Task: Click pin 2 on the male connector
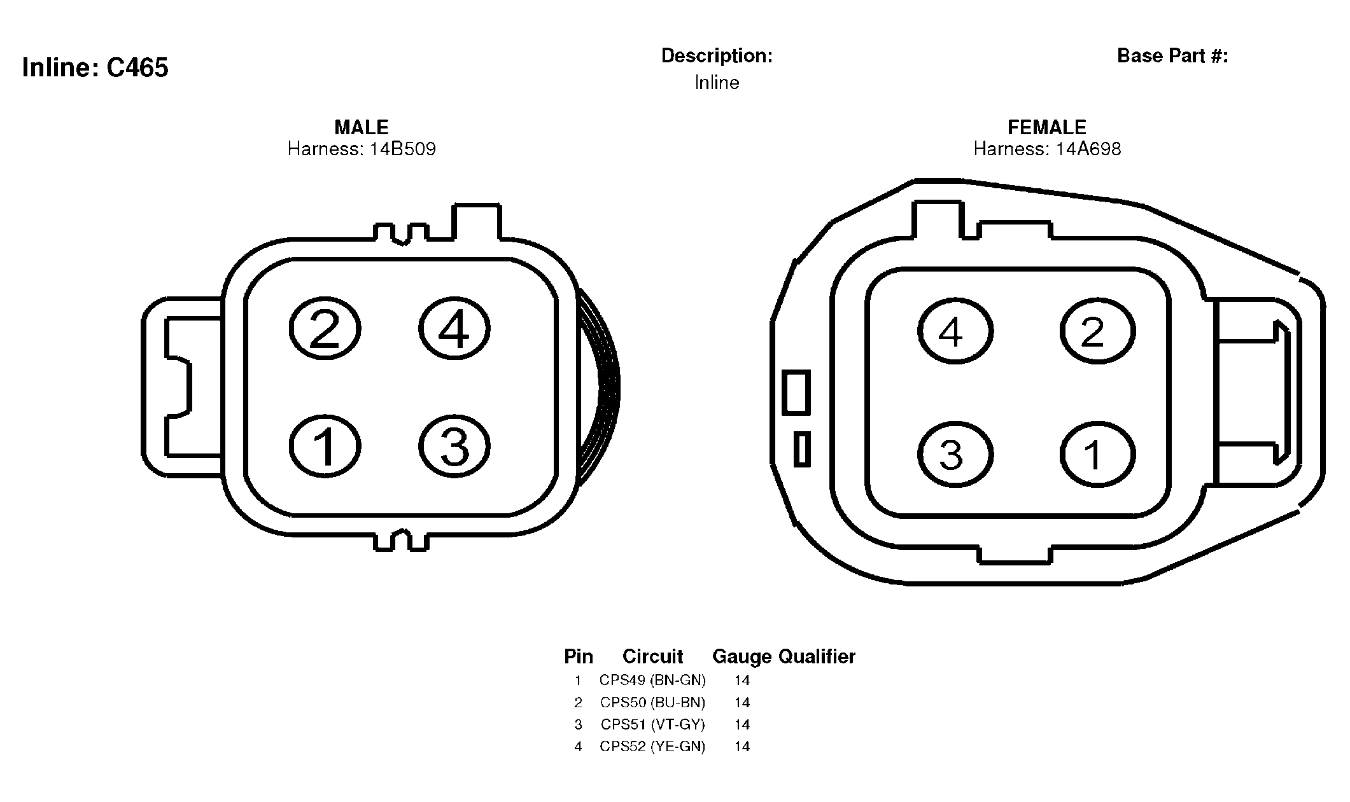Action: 325,329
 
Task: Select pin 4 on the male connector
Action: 454,329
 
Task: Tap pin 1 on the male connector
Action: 325,446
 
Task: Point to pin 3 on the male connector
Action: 454,446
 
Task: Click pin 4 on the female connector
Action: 955,331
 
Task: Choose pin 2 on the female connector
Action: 1098,331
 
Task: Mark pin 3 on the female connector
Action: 955,454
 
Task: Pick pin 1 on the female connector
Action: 1098,454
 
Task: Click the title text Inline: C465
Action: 95,67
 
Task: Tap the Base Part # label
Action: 1172,56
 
